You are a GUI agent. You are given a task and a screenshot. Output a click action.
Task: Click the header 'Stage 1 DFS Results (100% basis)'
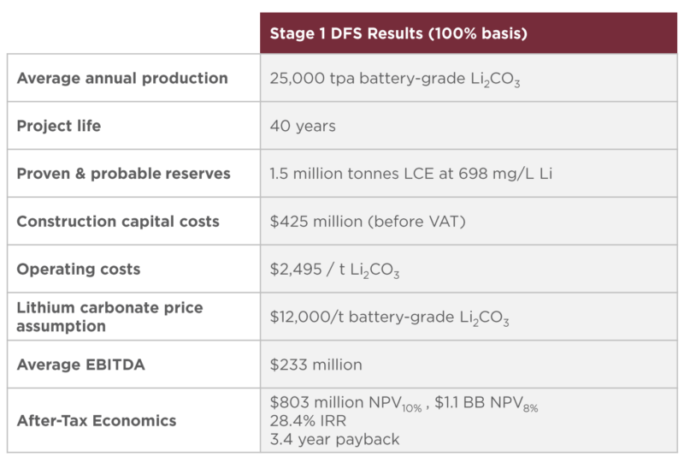pyautogui.click(x=398, y=34)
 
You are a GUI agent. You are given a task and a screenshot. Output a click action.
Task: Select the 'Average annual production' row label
pyautogui.click(x=122, y=79)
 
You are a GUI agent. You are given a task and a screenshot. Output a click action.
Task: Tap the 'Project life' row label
pyautogui.click(x=59, y=126)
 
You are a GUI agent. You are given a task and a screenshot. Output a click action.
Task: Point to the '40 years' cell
pyautogui.click(x=303, y=126)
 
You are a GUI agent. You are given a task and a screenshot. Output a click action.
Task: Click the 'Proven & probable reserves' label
pyautogui.click(x=124, y=174)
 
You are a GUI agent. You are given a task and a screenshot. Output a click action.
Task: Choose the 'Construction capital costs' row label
pyautogui.click(x=118, y=222)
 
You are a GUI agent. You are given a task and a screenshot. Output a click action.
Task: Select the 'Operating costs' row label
pyautogui.click(x=79, y=269)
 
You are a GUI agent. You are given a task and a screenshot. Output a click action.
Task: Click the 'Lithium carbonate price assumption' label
pyautogui.click(x=109, y=317)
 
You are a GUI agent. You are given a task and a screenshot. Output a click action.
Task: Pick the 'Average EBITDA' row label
pyautogui.click(x=81, y=365)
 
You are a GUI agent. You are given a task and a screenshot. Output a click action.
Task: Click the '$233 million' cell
pyautogui.click(x=315, y=365)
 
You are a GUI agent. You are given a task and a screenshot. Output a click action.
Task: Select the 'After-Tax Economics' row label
pyautogui.click(x=97, y=420)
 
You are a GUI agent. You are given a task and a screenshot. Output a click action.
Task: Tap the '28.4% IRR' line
pyautogui.click(x=306, y=422)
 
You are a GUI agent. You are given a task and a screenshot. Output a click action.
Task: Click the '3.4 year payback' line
pyautogui.click(x=334, y=439)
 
